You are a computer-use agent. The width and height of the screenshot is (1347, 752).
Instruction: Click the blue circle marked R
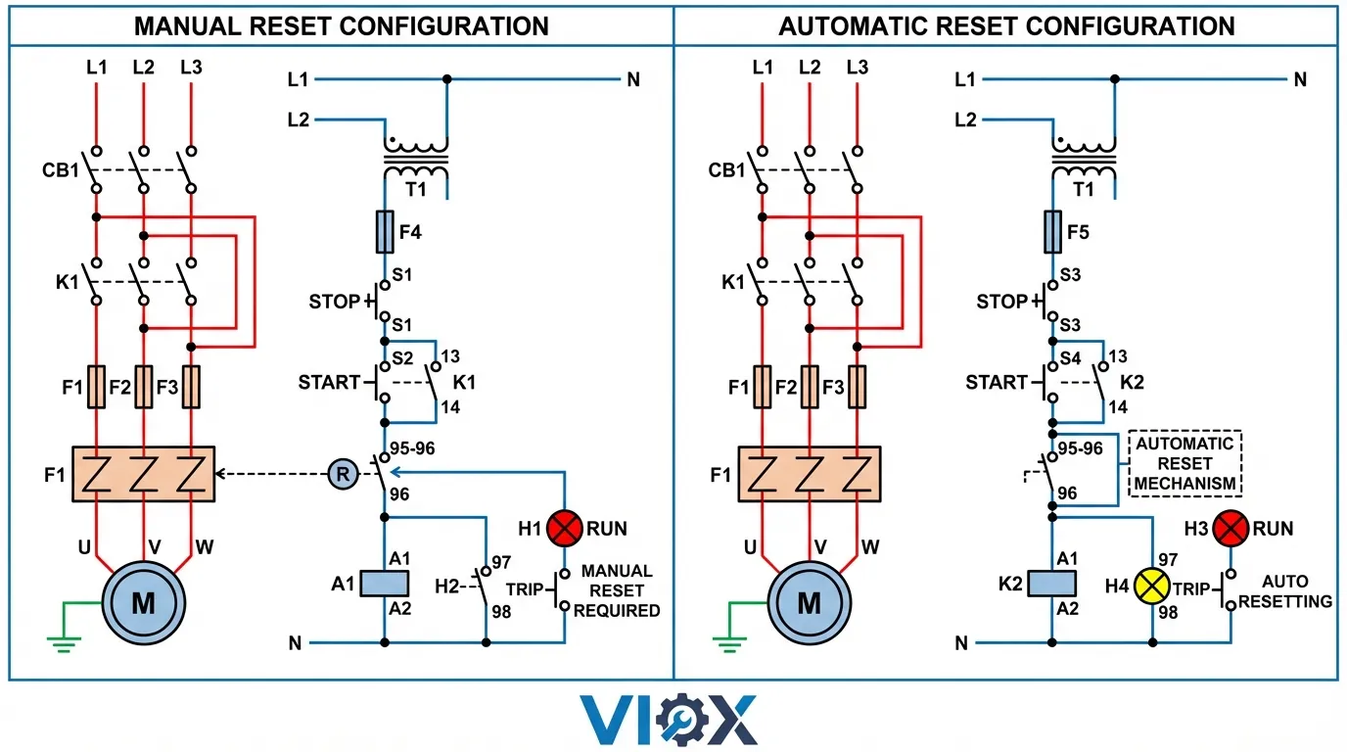[342, 475]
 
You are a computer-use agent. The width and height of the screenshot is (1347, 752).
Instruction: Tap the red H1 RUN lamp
[564, 529]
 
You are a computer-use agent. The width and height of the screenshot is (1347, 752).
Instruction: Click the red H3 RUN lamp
[1231, 529]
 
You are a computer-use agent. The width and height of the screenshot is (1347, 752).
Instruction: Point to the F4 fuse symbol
[385, 232]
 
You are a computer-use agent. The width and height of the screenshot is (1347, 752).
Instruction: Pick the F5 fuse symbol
[1053, 232]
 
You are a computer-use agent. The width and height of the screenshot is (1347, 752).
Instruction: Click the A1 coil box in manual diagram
[385, 584]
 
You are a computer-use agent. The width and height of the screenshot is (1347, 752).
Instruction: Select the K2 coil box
[1053, 584]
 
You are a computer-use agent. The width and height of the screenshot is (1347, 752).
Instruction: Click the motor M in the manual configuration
[143, 602]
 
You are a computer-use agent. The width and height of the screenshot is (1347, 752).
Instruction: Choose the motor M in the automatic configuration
[810, 602]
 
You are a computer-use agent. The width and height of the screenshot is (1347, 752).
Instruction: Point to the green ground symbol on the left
[64, 642]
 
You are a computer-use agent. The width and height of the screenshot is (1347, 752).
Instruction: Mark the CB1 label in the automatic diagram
[726, 170]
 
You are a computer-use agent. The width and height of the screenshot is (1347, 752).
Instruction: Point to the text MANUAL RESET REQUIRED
[617, 590]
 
